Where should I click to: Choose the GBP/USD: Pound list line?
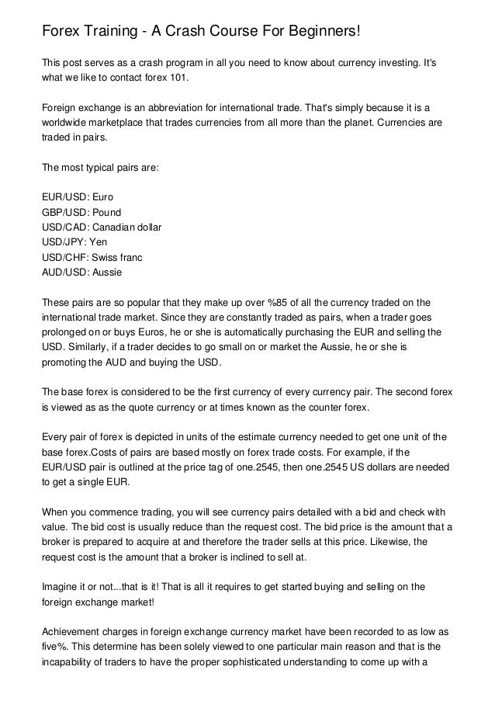tap(81, 213)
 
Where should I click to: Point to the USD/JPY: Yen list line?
tap(74, 242)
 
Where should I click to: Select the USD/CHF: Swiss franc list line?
tap(92, 257)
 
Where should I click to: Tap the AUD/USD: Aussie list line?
tap(82, 272)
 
